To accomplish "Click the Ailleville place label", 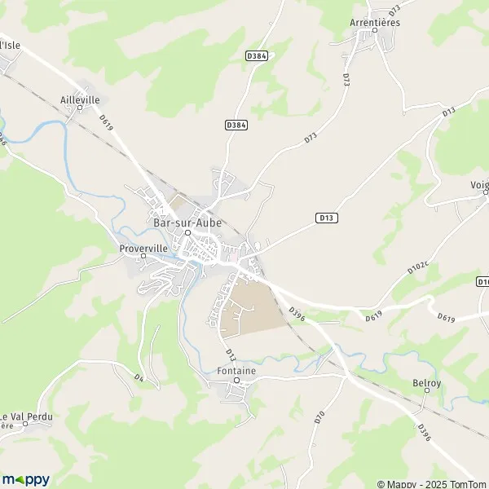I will (x=80, y=99).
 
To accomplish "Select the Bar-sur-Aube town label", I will (x=185, y=220).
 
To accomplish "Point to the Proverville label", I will (x=143, y=247).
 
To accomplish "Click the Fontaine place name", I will (x=237, y=371).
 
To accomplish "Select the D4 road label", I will (x=139, y=377).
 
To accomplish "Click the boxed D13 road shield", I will (x=326, y=218).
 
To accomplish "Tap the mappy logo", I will (x=25, y=479).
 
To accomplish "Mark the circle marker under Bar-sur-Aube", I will (x=187, y=232).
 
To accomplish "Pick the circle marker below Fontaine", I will (x=238, y=381).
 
